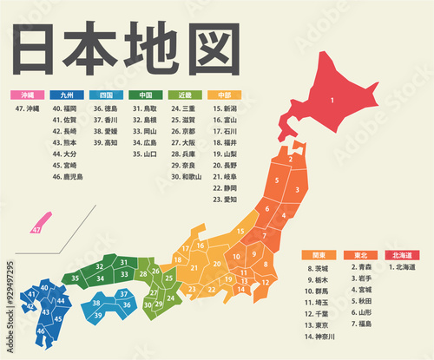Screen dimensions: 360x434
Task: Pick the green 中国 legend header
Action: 145,95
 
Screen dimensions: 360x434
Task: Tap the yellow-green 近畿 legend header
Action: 185,95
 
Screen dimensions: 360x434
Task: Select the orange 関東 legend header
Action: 319,255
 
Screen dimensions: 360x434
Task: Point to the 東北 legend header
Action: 359,255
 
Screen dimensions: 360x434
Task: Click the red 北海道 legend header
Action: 401,255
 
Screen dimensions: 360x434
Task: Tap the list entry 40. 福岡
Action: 65,108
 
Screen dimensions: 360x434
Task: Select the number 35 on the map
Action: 76,278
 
